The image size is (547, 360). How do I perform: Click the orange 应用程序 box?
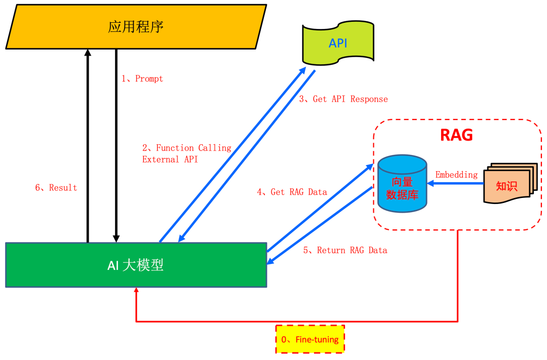pyautogui.click(x=136, y=26)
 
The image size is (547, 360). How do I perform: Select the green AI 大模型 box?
pyautogui.click(x=136, y=265)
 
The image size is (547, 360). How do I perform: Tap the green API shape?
pyautogui.click(x=338, y=44)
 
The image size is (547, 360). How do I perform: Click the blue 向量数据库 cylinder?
pyautogui.click(x=402, y=184)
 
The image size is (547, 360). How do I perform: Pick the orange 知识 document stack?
pyautogui.click(x=507, y=184)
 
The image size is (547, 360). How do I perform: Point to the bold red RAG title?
pyautogui.click(x=456, y=135)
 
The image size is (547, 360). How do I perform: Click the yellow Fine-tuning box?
pyautogui.click(x=310, y=339)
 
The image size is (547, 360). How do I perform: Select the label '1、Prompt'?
pyautogui.click(x=142, y=79)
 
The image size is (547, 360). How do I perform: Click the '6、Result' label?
pyautogui.click(x=56, y=188)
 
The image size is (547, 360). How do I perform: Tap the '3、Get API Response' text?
pyautogui.click(x=343, y=99)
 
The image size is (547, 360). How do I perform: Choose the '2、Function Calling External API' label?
pyautogui.click(x=186, y=153)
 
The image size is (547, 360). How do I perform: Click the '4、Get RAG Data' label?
pyautogui.click(x=292, y=192)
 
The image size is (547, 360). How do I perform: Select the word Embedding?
pyautogui.click(x=456, y=175)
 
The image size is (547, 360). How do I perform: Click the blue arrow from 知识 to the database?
pyautogui.click(x=456, y=184)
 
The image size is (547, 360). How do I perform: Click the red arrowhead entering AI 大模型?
pyautogui.click(x=136, y=291)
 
